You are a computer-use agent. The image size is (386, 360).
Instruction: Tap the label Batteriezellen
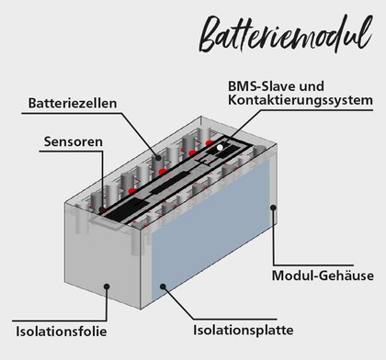point(73,103)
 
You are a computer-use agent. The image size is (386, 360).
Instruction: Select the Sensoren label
point(73,142)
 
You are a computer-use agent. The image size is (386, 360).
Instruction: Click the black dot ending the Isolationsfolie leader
point(107,287)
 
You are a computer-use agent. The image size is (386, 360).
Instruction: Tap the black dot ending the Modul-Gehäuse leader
point(273,208)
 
